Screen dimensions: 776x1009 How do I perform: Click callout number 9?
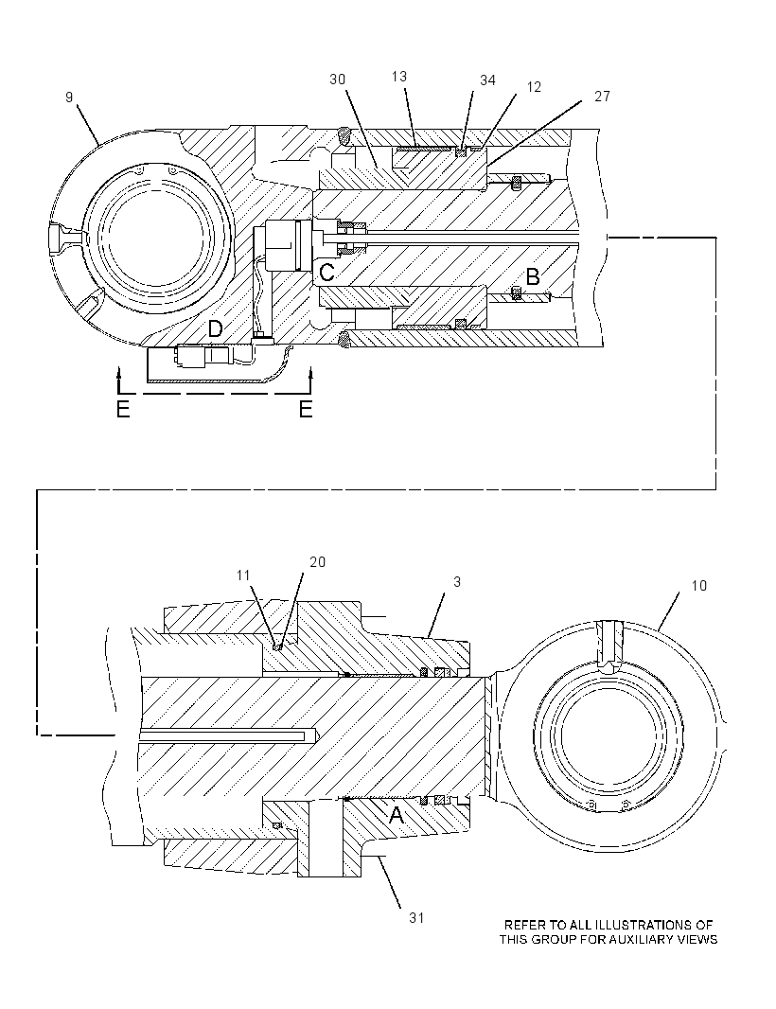pos(69,97)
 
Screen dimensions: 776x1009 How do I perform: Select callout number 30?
pos(338,80)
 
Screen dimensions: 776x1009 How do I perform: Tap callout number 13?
pos(399,77)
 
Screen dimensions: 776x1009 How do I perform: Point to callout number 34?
pos(487,80)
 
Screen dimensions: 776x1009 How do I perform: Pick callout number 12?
pos(534,87)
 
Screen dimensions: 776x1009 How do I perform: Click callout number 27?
pos(602,97)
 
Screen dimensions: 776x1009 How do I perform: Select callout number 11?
pos(242,575)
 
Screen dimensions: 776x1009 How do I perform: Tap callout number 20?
pos(318,562)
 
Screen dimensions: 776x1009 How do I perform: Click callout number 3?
pos(457,582)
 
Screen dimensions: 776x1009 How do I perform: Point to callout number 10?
pos(698,586)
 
